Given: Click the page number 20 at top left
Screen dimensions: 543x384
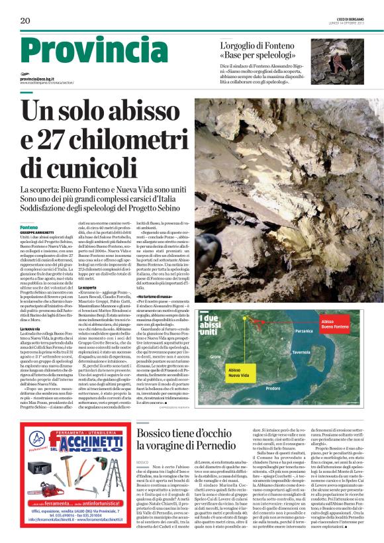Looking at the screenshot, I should click(x=25, y=21).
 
